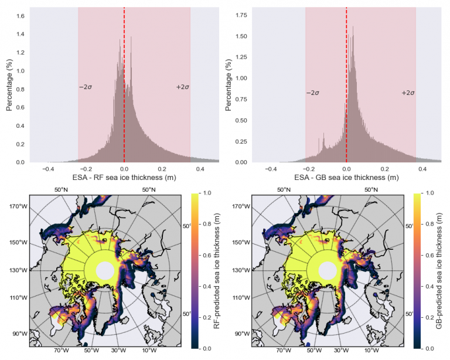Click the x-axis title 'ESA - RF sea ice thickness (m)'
pos(124,176)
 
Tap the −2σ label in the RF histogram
pos(86,87)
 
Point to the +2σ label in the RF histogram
pos(182,87)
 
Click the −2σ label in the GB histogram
pos(312,93)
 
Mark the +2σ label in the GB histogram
pos(408,93)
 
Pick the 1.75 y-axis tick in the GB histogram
pos(240,13)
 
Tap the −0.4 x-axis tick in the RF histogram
pos(48,169)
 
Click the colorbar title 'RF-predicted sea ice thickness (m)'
pos(217,271)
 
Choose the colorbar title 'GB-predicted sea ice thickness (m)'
pos(439,271)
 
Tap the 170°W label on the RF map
pos(18,206)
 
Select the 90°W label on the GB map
pos(240,334)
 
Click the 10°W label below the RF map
pos(148,351)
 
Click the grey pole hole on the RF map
pos(105,270)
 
